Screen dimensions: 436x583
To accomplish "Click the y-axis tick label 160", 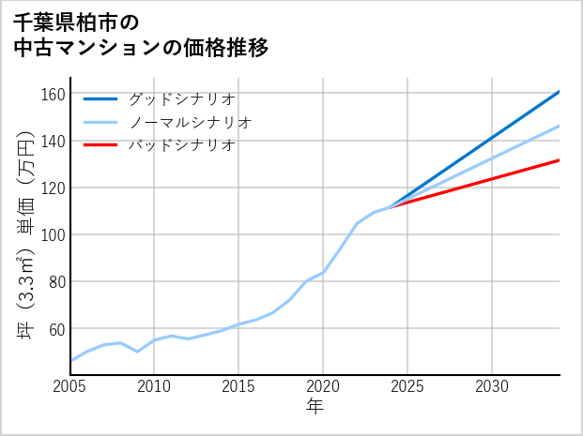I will coord(53,94).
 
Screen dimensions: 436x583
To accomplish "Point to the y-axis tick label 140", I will coord(53,141).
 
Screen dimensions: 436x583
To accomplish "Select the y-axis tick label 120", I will coord(53,188).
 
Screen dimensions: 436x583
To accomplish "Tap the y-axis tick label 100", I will coord(53,234).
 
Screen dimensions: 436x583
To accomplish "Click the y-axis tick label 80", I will coord(56,281).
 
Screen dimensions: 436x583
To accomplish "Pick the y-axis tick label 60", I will coord(56,328).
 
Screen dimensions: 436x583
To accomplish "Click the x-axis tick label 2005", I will coord(70,386).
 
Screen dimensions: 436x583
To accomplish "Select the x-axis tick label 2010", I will coord(155,386).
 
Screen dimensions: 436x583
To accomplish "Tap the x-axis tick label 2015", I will coord(239,386).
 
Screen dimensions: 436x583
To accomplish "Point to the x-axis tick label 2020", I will coord(323,386).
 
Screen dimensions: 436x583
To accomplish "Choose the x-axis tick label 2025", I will coord(407,386).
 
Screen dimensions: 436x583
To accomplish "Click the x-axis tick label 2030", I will coord(492,386).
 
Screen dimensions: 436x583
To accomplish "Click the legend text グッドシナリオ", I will coord(181,98).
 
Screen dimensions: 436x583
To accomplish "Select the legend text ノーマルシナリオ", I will coord(190,122).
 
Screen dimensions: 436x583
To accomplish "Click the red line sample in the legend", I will coord(100,145).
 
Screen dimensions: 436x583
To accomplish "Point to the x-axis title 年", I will coord(315,407).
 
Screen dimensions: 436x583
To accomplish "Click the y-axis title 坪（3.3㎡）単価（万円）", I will coord(25,234).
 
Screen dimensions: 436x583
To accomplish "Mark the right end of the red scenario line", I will coord(560,160).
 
